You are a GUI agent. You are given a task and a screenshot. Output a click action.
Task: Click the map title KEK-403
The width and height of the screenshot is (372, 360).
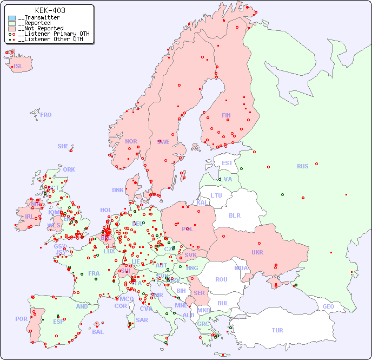[50, 10]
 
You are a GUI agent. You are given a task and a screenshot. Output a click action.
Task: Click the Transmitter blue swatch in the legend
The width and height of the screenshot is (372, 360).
[12, 18]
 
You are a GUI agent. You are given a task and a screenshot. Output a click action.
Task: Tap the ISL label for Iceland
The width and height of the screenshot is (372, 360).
[18, 66]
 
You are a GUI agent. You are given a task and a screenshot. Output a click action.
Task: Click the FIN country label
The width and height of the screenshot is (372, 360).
[226, 115]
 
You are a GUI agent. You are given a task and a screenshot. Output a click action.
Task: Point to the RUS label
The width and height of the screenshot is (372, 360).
[302, 166]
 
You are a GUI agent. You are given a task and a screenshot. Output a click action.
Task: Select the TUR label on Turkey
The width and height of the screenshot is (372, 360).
[277, 330]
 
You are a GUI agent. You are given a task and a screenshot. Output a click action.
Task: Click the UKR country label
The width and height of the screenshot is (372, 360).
[257, 252]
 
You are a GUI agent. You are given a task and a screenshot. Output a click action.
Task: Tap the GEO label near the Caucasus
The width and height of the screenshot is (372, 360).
[328, 306]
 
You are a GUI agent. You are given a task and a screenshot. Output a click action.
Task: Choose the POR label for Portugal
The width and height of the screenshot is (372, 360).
[21, 319]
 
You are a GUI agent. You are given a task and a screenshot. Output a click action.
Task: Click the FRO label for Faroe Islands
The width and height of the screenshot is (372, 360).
[46, 115]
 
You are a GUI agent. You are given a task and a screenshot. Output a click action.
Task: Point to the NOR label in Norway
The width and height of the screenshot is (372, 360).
[131, 141]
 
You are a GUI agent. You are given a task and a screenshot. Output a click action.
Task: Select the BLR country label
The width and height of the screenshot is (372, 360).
[234, 215]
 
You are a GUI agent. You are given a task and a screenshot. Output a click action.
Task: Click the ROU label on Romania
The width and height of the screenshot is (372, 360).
[221, 279]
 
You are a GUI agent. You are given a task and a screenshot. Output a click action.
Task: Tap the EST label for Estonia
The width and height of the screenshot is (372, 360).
[227, 163]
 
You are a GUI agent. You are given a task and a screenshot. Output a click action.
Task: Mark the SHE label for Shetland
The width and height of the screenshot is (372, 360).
[63, 146]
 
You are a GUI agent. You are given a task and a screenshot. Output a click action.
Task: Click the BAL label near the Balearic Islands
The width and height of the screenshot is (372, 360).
[97, 332]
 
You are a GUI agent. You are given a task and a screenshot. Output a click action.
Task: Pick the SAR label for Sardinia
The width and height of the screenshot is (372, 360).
[142, 319]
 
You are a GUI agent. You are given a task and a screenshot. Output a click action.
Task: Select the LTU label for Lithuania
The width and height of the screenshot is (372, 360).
[216, 195]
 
